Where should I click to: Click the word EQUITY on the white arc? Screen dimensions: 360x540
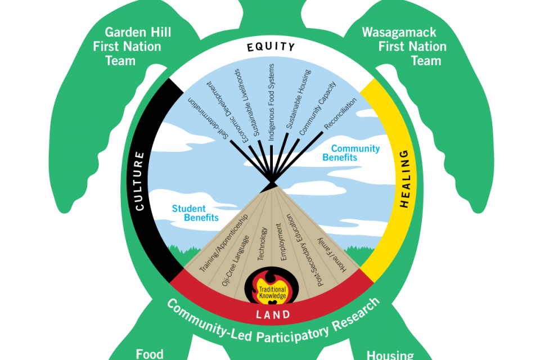point(271,47)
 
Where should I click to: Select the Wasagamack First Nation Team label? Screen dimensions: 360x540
point(412,46)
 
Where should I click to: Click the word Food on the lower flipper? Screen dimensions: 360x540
point(150,354)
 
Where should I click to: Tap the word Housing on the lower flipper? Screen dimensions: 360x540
point(390,355)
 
